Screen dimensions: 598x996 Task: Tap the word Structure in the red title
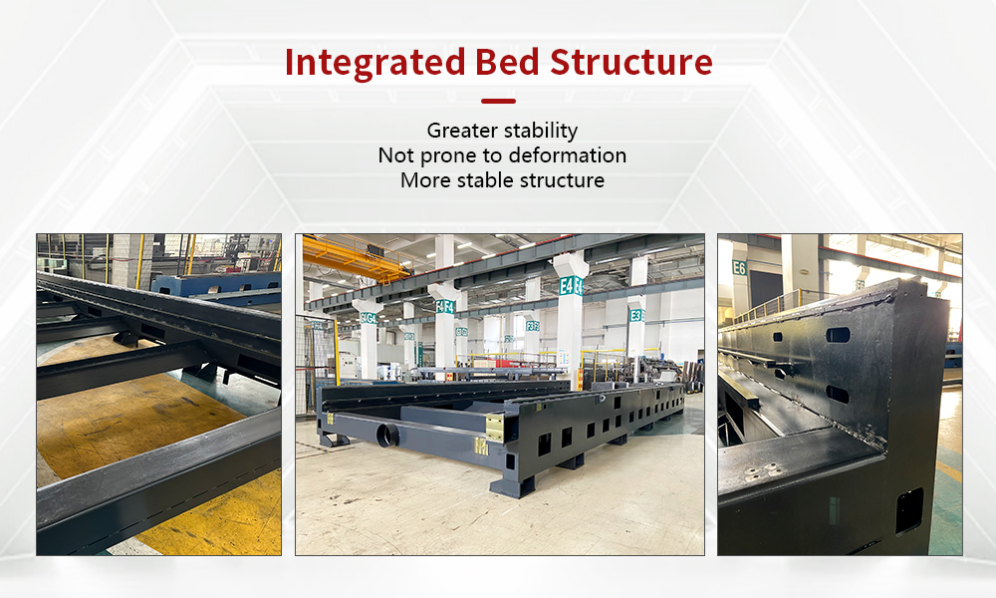tap(632, 62)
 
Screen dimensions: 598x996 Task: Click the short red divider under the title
tap(498, 101)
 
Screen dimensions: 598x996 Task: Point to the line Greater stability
tap(502, 130)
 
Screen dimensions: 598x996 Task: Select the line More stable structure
tap(502, 180)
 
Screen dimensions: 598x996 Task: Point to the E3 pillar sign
tap(636, 315)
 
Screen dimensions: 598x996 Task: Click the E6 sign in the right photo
tap(739, 267)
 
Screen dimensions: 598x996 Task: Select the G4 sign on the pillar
tap(370, 318)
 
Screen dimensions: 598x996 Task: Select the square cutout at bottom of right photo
tap(908, 510)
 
